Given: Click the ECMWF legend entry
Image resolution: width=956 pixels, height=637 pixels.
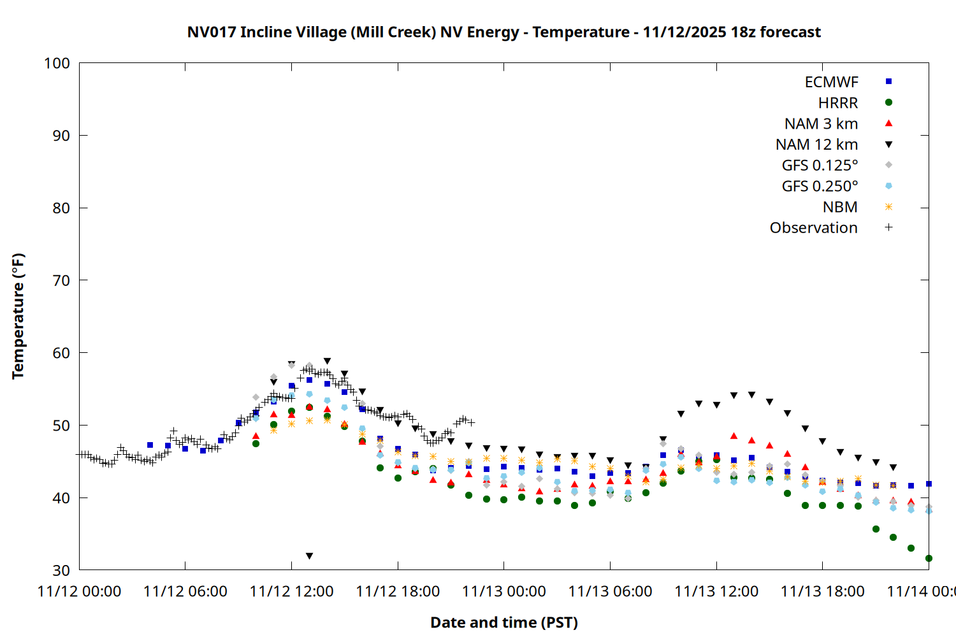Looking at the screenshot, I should [831, 82].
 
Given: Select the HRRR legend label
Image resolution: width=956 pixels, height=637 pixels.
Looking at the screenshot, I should [837, 103].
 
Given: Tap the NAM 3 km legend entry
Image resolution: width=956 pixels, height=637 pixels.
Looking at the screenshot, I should [821, 124].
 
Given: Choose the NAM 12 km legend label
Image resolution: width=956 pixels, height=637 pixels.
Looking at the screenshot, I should [816, 145].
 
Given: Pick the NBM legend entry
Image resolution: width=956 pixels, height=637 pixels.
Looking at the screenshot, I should [840, 207].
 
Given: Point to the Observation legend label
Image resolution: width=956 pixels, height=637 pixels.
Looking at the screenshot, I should [813, 228].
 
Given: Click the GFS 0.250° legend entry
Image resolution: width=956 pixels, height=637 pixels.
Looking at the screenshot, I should [820, 186].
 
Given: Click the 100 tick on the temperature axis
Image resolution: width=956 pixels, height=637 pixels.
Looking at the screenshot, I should [57, 63].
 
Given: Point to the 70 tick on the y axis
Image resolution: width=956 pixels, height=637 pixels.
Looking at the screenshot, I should [61, 280].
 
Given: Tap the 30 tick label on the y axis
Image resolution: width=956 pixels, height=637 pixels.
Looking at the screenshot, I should [61, 570].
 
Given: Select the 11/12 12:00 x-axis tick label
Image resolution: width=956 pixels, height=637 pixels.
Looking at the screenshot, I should [291, 592].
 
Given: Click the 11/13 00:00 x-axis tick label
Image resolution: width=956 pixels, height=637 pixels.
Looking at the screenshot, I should [503, 592].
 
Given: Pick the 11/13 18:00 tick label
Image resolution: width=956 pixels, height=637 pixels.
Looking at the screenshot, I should [822, 592].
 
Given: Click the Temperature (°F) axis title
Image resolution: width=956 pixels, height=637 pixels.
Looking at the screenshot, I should [18, 316].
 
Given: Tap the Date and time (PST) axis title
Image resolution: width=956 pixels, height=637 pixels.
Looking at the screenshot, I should [503, 622].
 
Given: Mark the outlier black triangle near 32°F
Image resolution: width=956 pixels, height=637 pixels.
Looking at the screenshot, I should [309, 556].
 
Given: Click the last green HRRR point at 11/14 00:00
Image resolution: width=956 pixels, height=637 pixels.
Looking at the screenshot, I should [929, 559].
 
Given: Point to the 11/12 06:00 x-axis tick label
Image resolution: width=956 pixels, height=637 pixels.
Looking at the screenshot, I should [185, 592].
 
